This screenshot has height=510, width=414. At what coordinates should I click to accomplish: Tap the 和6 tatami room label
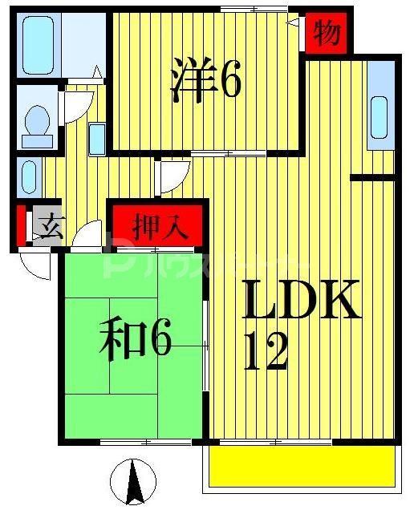(136, 340)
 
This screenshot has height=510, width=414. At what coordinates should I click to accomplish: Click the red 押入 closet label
(160, 225)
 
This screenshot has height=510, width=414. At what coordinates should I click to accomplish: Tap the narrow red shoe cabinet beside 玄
(21, 225)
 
